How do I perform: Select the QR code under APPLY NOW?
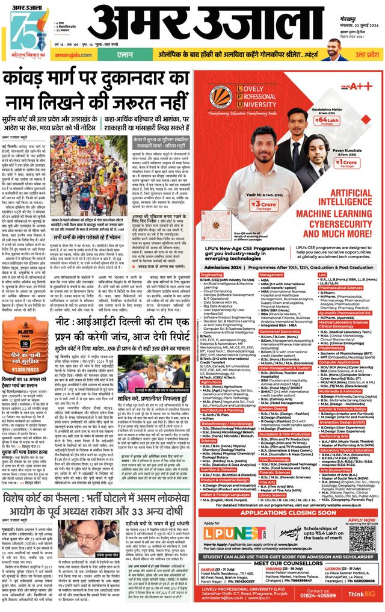click(x=364, y=534)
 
